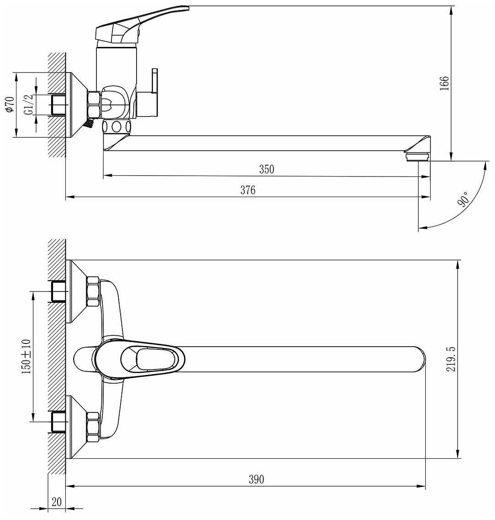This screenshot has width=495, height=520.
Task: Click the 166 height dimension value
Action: click(444, 83)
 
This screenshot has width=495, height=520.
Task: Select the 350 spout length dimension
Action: click(267, 169)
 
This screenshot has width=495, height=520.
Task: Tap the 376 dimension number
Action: click(248, 190)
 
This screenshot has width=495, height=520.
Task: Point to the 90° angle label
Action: click(464, 200)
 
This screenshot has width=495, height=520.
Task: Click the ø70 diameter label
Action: click(8, 105)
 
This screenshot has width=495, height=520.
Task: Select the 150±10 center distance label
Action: click(26, 357)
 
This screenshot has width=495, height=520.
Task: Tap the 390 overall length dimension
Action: click(256, 479)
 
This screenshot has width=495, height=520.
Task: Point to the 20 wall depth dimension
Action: click(57, 502)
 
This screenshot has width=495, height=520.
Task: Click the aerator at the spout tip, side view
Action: click(417, 156)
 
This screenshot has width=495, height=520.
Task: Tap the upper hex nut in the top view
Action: click(93, 291)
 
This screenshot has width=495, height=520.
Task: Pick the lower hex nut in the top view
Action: click(93, 427)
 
